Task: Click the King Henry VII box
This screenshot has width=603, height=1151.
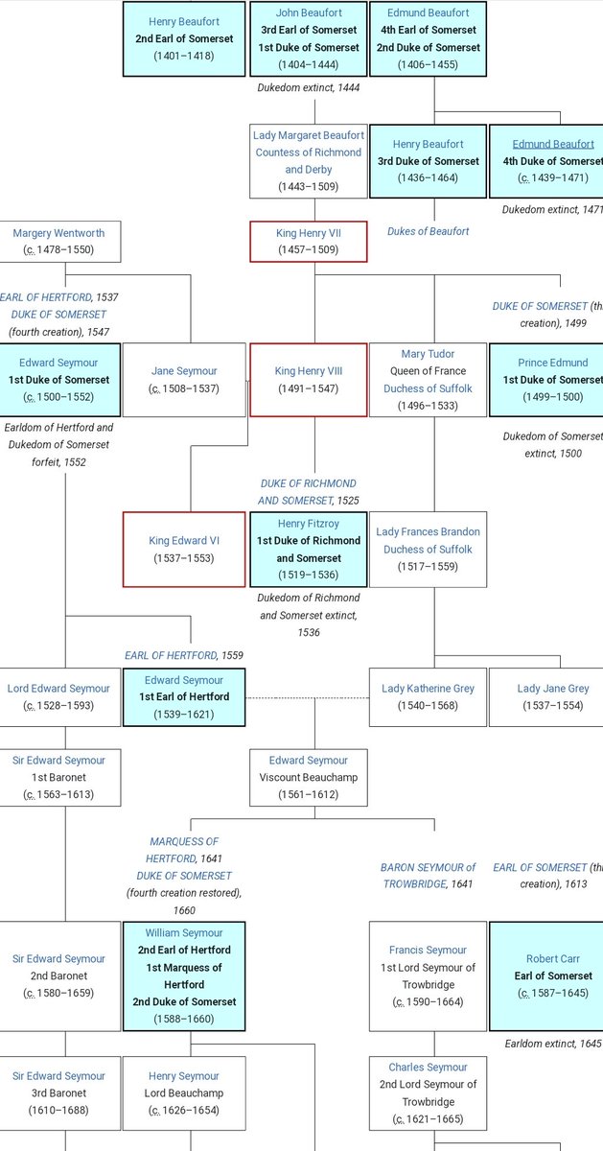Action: (308, 241)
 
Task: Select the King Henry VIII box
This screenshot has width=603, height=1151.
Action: (308, 380)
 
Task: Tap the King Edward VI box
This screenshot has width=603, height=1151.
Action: (184, 549)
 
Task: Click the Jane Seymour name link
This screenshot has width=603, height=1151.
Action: (184, 371)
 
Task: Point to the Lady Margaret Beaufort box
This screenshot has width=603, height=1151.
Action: (308, 160)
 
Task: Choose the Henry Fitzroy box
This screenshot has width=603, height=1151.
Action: (308, 549)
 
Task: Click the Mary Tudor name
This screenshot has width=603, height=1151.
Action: (428, 354)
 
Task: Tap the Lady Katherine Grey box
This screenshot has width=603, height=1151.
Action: (428, 696)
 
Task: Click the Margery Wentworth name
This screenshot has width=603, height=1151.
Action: (59, 232)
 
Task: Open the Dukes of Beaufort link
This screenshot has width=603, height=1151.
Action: (428, 231)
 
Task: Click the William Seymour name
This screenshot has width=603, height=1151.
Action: (184, 932)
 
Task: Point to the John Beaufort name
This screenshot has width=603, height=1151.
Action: (308, 13)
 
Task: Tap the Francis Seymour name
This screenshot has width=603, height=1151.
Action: (428, 951)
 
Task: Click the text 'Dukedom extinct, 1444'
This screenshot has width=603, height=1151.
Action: (308, 87)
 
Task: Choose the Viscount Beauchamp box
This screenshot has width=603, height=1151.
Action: (308, 777)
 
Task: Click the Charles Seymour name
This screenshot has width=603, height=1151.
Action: (428, 1067)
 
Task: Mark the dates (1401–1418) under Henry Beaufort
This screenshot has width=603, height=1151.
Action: (184, 56)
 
